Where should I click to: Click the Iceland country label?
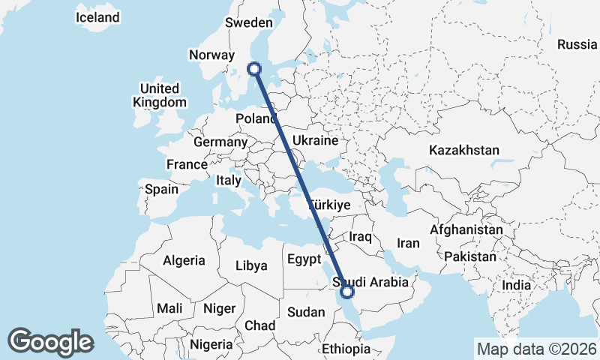(97, 17)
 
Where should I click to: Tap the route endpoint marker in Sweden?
(255, 69)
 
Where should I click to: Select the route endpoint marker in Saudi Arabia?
(347, 291)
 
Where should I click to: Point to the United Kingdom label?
(159, 95)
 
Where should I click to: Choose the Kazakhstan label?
(464, 151)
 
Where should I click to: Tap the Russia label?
(577, 44)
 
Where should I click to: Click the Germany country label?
(220, 142)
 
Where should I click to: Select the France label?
(187, 164)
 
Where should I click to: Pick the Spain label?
(161, 189)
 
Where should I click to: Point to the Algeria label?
(184, 260)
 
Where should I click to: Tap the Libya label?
(251, 265)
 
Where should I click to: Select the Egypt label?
(304, 259)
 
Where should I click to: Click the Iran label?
(408, 243)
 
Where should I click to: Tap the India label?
(516, 285)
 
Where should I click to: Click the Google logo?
(50, 342)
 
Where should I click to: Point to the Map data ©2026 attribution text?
(537, 349)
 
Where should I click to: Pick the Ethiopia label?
(346, 349)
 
